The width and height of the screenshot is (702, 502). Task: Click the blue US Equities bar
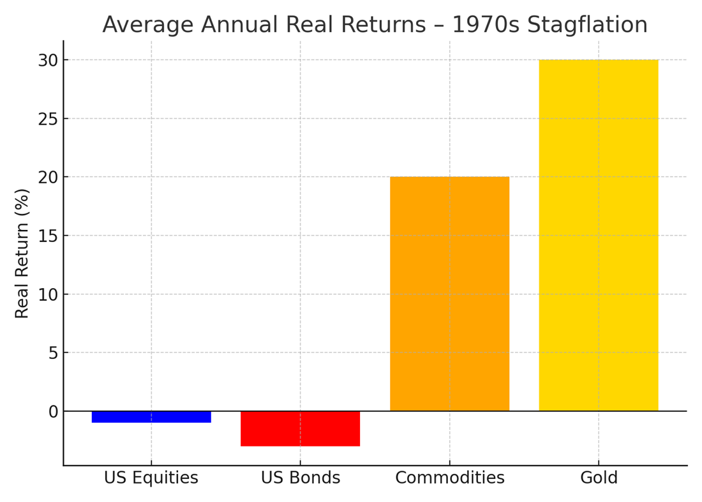[151, 416]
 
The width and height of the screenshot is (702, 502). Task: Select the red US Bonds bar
[300, 429]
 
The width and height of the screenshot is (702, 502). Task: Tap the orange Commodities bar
[449, 294]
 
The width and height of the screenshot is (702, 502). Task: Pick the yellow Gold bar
[598, 235]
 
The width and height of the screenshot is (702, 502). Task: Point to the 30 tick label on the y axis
[48, 60]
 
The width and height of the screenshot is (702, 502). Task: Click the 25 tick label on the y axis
[48, 119]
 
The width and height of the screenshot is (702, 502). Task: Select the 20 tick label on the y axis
[48, 177]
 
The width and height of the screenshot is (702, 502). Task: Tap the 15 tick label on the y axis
[48, 236]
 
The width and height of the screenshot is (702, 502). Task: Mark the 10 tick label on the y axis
[48, 294]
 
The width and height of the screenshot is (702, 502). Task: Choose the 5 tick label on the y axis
[53, 353]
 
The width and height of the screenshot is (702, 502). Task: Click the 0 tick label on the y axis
[53, 411]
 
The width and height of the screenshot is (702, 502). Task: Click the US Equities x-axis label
[151, 478]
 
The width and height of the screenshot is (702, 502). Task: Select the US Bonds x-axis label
[300, 478]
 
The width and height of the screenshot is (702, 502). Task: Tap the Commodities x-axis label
[449, 478]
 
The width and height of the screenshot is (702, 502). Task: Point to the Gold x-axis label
[598, 478]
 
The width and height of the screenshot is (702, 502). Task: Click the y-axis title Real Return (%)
[22, 253]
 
